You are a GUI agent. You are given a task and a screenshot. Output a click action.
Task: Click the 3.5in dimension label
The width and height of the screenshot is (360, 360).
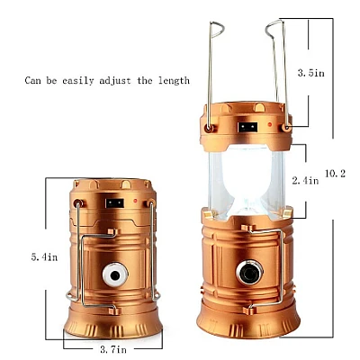[x=310, y=73]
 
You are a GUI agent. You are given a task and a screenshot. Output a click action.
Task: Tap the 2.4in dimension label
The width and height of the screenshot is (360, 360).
[x=305, y=180]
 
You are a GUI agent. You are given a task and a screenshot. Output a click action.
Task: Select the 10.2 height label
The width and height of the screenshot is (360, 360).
[x=335, y=173]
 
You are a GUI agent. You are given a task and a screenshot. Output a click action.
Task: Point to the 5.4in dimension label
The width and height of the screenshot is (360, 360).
[x=44, y=257]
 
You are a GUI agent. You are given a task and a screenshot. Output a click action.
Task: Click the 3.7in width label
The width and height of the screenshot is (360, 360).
[x=113, y=349]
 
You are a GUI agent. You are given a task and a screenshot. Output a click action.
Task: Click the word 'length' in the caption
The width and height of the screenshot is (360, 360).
[x=174, y=80]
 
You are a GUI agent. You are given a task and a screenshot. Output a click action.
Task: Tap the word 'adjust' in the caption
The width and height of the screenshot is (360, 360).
[x=115, y=80]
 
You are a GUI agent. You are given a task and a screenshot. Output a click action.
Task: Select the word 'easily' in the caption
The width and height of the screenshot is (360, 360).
[x=78, y=81]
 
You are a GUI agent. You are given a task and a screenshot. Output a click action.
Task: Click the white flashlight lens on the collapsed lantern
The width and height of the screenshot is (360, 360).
[x=115, y=274]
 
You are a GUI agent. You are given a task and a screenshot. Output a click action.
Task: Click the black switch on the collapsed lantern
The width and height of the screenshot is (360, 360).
[x=114, y=203]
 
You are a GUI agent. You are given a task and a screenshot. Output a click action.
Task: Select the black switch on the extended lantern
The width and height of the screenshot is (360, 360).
[x=247, y=127]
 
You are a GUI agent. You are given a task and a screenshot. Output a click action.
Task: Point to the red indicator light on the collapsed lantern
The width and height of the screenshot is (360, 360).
[x=135, y=201]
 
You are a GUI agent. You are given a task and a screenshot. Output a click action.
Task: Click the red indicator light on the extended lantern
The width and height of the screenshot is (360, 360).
[x=270, y=124]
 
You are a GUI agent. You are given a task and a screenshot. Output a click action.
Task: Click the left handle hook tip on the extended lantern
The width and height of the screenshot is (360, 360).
[x=223, y=30]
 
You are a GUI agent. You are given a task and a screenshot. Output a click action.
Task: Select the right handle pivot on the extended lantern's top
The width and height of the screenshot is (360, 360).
[x=286, y=128]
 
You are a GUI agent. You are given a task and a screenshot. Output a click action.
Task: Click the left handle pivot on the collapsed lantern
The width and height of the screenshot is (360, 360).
[x=78, y=203]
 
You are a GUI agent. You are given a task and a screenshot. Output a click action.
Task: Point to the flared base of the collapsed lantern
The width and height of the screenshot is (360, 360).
[x=113, y=323]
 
